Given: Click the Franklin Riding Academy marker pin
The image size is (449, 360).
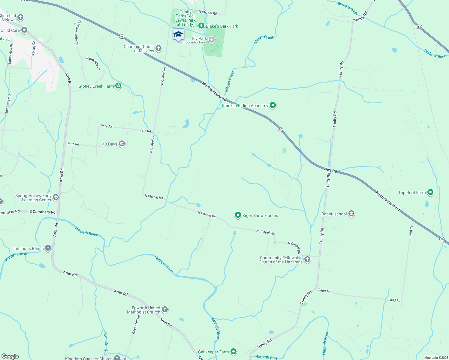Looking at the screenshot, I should pos(273,105).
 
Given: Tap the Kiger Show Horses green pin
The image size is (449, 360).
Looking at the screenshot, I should pos(238,215).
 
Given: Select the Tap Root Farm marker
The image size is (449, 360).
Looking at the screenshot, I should pos(430,192).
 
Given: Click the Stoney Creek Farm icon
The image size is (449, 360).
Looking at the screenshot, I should pos(119,86).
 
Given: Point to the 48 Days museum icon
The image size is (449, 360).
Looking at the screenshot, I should pos(122,144).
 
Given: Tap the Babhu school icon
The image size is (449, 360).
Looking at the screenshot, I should pos(351,214).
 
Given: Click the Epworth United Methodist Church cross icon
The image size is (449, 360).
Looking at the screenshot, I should pos(165,310).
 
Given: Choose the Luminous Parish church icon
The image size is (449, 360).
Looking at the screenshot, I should pos(48,248).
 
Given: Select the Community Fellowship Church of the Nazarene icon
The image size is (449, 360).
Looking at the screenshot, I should pos(307,259).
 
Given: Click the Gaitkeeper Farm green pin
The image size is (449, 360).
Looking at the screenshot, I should pos(234,352).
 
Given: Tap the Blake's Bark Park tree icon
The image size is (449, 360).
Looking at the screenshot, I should pos(201,26).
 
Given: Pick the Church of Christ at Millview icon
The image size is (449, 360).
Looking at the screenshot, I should pos(158,48).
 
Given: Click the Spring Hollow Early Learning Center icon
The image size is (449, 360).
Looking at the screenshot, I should pos(56,197).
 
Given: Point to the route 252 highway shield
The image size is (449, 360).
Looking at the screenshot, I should pos(419,27).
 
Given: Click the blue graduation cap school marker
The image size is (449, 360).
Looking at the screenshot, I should pos(178,34).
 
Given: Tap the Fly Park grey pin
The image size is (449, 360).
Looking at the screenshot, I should pos(212,40).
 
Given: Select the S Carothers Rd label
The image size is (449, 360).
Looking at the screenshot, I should pos(42,212).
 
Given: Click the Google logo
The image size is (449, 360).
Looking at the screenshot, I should pos(10,356).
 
